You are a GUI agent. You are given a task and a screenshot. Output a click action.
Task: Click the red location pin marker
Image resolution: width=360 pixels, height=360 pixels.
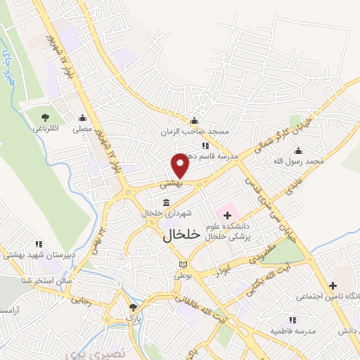point(180,167)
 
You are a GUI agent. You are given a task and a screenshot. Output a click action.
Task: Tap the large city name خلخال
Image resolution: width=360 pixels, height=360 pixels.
point(181,234)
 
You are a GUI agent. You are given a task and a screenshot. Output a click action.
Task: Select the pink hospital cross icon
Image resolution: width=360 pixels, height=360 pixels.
point(228,214)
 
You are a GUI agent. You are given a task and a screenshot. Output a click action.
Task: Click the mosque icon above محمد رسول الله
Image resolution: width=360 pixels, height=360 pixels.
point(299,150)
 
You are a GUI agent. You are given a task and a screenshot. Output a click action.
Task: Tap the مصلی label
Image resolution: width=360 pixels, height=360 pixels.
point(83,130)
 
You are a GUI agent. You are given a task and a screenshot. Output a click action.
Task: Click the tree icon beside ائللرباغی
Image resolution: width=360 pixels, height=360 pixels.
point(45,117)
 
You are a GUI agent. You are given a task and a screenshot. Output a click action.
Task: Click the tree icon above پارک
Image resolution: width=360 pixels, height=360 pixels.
point(133,307)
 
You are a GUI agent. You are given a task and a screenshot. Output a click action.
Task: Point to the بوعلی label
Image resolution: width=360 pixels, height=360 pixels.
point(183,276)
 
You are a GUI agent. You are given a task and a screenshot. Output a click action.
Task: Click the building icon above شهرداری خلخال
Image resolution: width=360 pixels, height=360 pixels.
point(165,202)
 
